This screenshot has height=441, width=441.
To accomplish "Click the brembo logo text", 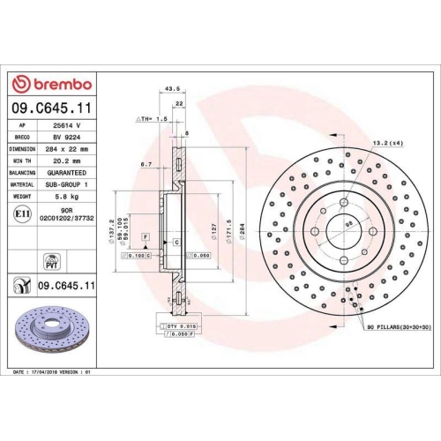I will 58,85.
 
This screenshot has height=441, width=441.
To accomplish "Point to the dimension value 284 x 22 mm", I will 65,150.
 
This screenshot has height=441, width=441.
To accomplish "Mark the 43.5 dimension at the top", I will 173,89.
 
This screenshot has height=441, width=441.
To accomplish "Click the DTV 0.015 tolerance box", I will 178,327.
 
